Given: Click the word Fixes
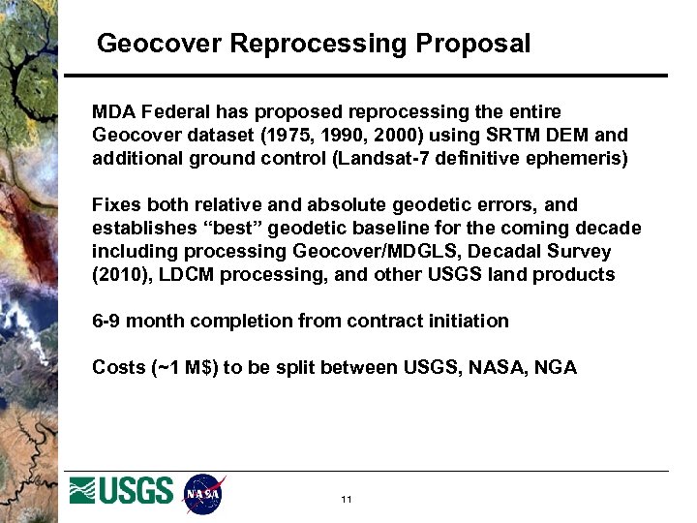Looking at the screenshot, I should [115, 205].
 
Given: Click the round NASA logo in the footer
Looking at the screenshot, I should [203, 495].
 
